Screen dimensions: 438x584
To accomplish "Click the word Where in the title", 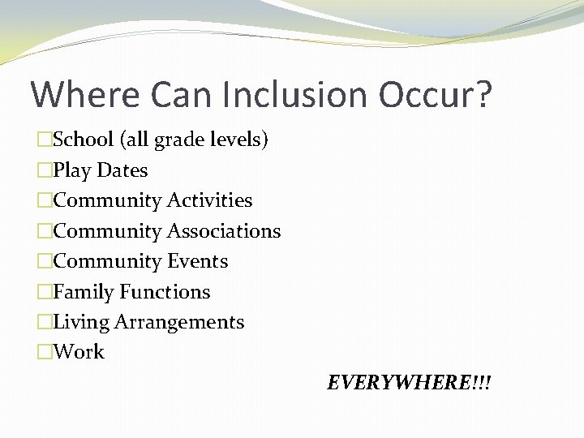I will tap(72, 94).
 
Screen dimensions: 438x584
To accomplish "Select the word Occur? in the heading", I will tap(434, 94).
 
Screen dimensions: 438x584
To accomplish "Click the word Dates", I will tap(122, 170).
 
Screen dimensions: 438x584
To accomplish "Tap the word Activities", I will tap(209, 200).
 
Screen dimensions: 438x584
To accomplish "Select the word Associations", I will tap(224, 231).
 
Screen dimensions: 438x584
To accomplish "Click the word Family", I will tap(84, 292).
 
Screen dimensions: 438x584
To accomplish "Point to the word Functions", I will tap(165, 292).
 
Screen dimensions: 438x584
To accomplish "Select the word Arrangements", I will tap(179, 322).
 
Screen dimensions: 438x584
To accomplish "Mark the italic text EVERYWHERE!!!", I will tap(409, 382).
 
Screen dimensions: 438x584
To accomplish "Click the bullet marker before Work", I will tap(45, 352).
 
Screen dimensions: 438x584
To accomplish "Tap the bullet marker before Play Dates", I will tap(45, 170).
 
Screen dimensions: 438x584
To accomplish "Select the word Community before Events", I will tap(107, 261).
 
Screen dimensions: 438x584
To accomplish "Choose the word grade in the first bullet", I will tap(174, 140).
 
